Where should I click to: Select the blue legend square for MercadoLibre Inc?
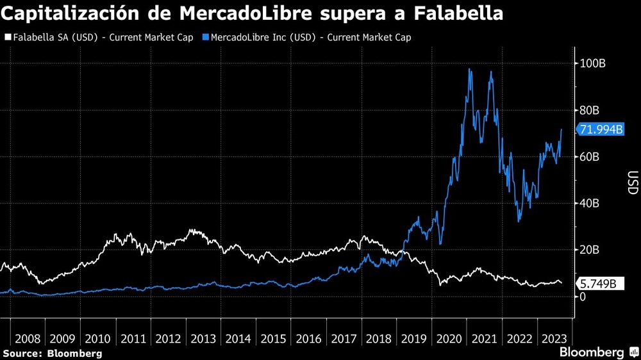205,37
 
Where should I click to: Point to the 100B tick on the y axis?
593,63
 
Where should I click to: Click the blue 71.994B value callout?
601,130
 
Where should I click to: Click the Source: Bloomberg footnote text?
53,354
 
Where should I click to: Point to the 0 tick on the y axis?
582,297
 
